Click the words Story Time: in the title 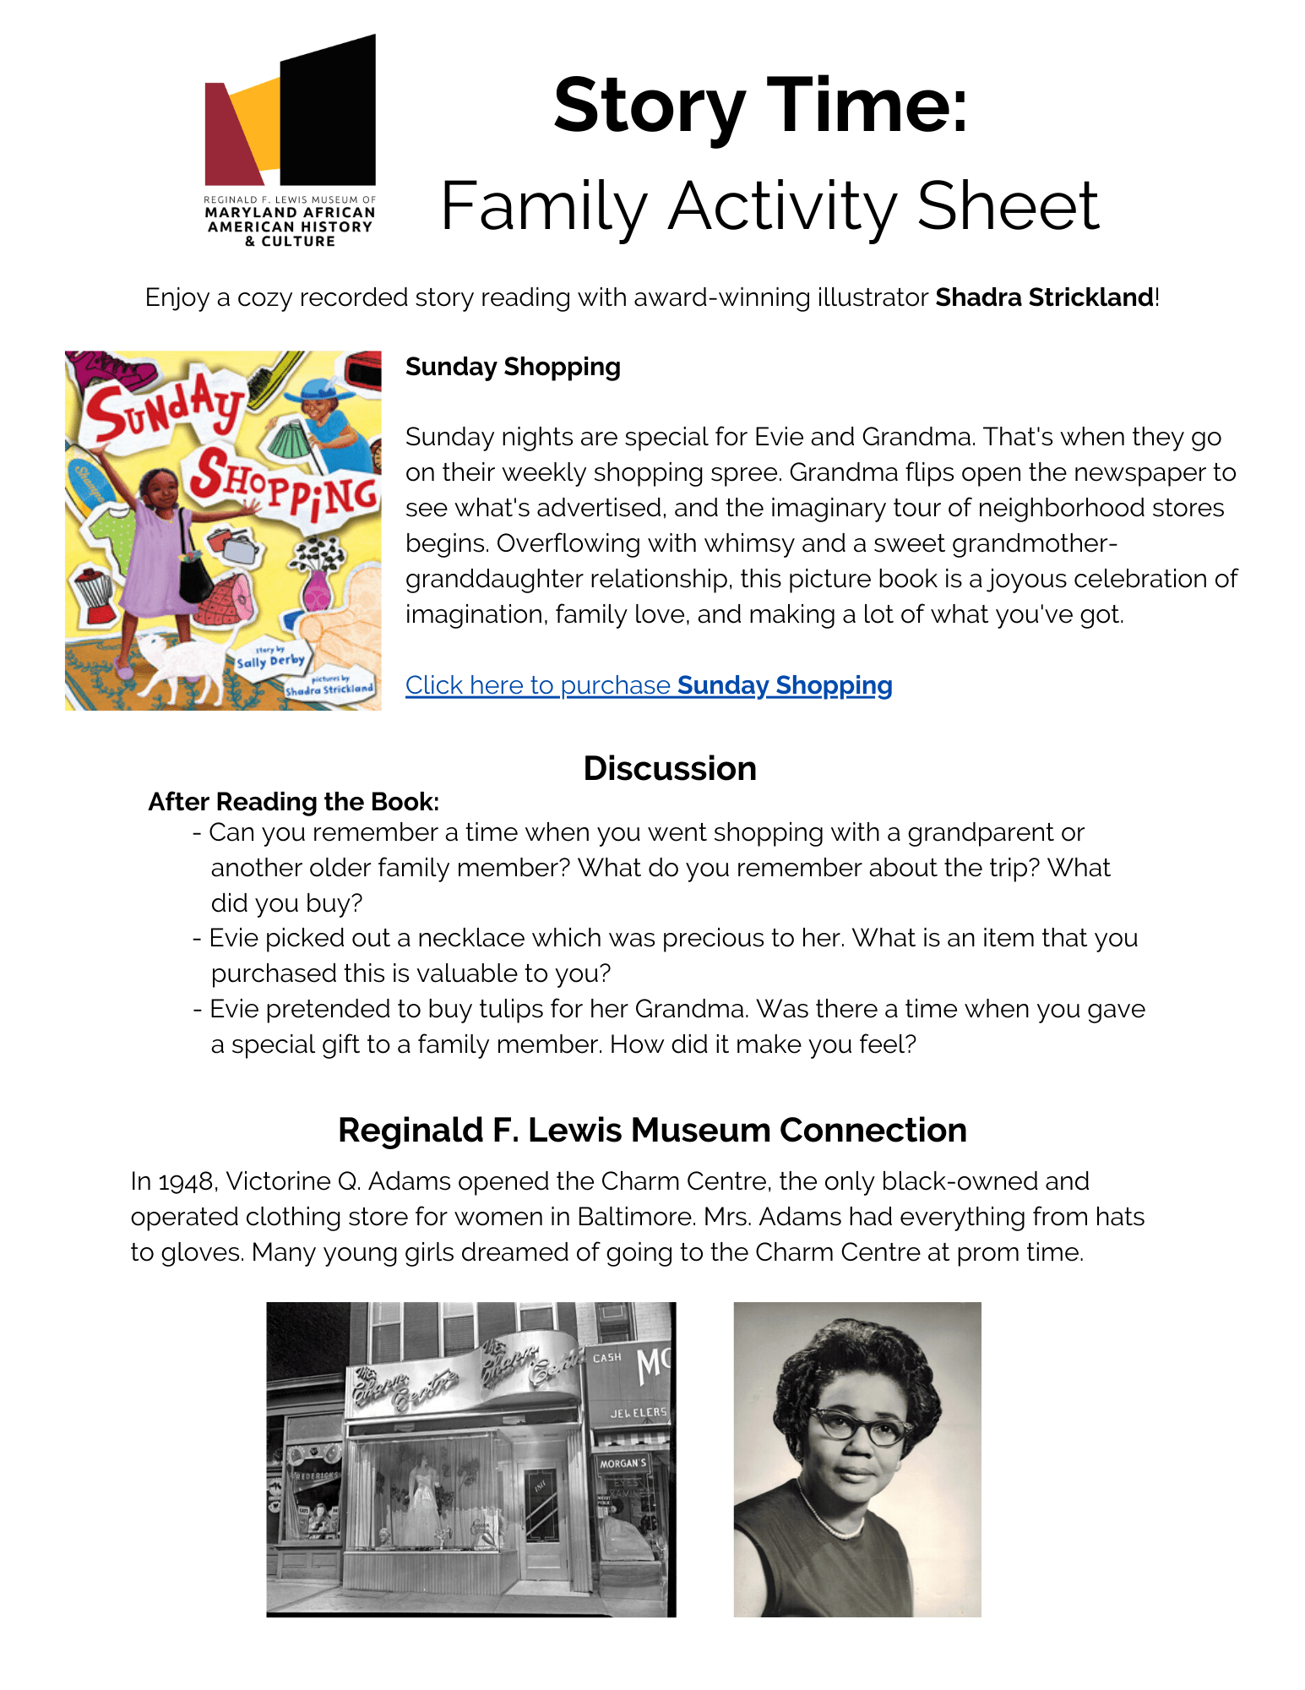pyautogui.click(x=760, y=106)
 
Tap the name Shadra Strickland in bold pyautogui.click(x=1044, y=297)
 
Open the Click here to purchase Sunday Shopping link pyautogui.click(x=648, y=685)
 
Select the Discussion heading pyautogui.click(x=669, y=769)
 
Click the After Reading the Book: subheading pyautogui.click(x=293, y=801)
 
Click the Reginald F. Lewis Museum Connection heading pyautogui.click(x=652, y=1131)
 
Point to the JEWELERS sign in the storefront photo pyautogui.click(x=639, y=1412)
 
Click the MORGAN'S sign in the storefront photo pyautogui.click(x=623, y=1463)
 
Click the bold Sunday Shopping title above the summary pyautogui.click(x=513, y=367)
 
